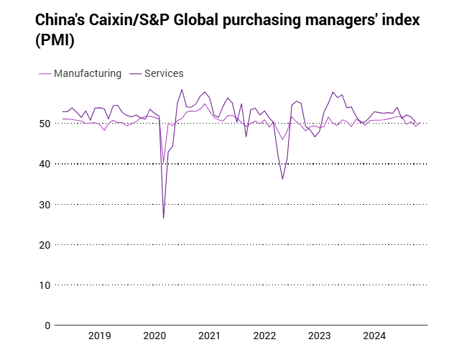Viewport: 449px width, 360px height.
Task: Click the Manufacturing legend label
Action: tap(88, 73)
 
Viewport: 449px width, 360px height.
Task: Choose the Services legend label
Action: tap(164, 73)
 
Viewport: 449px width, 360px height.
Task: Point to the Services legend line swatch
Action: tap(134, 73)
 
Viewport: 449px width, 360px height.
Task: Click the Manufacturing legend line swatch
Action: tap(44, 73)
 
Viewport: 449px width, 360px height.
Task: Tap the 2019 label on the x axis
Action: tap(99, 336)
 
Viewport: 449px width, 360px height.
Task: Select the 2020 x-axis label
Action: tap(154, 336)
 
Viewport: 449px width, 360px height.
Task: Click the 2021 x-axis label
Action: tap(209, 336)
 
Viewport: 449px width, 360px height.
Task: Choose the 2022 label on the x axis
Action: tap(264, 336)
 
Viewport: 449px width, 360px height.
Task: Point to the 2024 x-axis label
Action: tap(374, 336)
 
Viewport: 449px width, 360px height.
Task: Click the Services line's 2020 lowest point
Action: tap(164, 218)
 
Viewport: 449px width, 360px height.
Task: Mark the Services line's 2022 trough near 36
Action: tap(282, 179)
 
